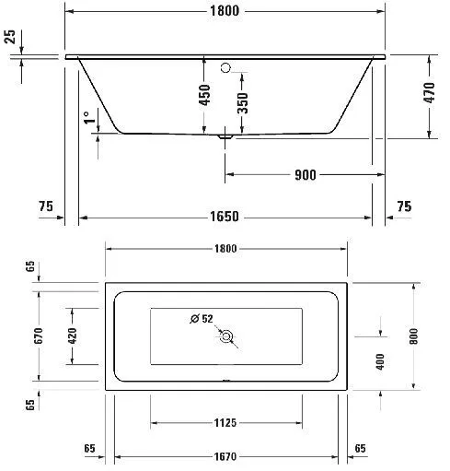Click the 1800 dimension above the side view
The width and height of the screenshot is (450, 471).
coord(225,11)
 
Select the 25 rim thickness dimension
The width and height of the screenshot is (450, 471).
coord(9,37)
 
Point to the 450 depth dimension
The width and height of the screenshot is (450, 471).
coord(205,94)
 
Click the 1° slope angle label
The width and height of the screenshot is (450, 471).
coord(88,119)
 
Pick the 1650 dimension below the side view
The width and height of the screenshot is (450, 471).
coord(225,217)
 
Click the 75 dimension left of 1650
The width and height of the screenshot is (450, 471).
coord(45,207)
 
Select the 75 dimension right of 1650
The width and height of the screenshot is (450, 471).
coord(404,207)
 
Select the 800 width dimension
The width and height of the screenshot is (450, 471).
coord(413,336)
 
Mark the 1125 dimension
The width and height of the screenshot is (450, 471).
coord(225,423)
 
